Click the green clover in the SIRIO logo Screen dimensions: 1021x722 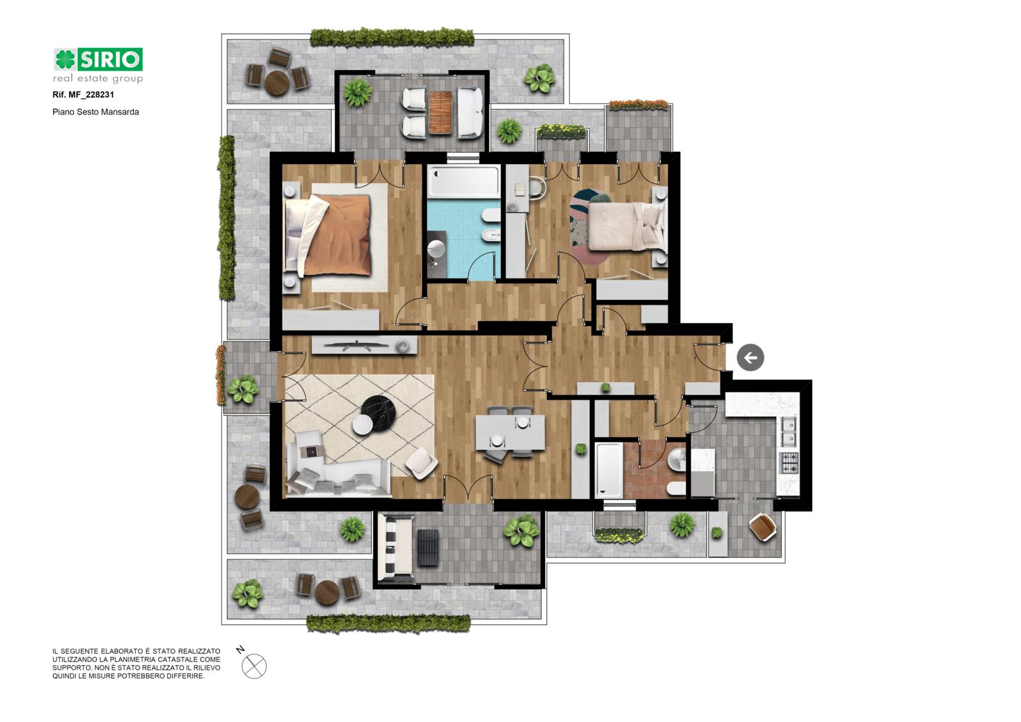coord(65,59)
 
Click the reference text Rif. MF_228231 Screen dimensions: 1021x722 coord(84,95)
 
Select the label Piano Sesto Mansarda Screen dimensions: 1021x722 coord(96,112)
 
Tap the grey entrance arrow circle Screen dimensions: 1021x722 coord(750,357)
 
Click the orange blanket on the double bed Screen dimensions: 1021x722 coord(338,236)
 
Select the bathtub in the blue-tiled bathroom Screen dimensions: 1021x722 coord(464,181)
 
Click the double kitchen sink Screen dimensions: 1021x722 coord(789,432)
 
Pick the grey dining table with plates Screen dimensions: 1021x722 coord(510,432)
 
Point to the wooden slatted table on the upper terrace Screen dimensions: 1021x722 coord(440,112)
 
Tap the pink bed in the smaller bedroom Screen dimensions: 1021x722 coord(626,227)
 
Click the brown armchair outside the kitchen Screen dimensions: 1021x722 coord(763,528)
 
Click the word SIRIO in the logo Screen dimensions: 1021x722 coord(110,59)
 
